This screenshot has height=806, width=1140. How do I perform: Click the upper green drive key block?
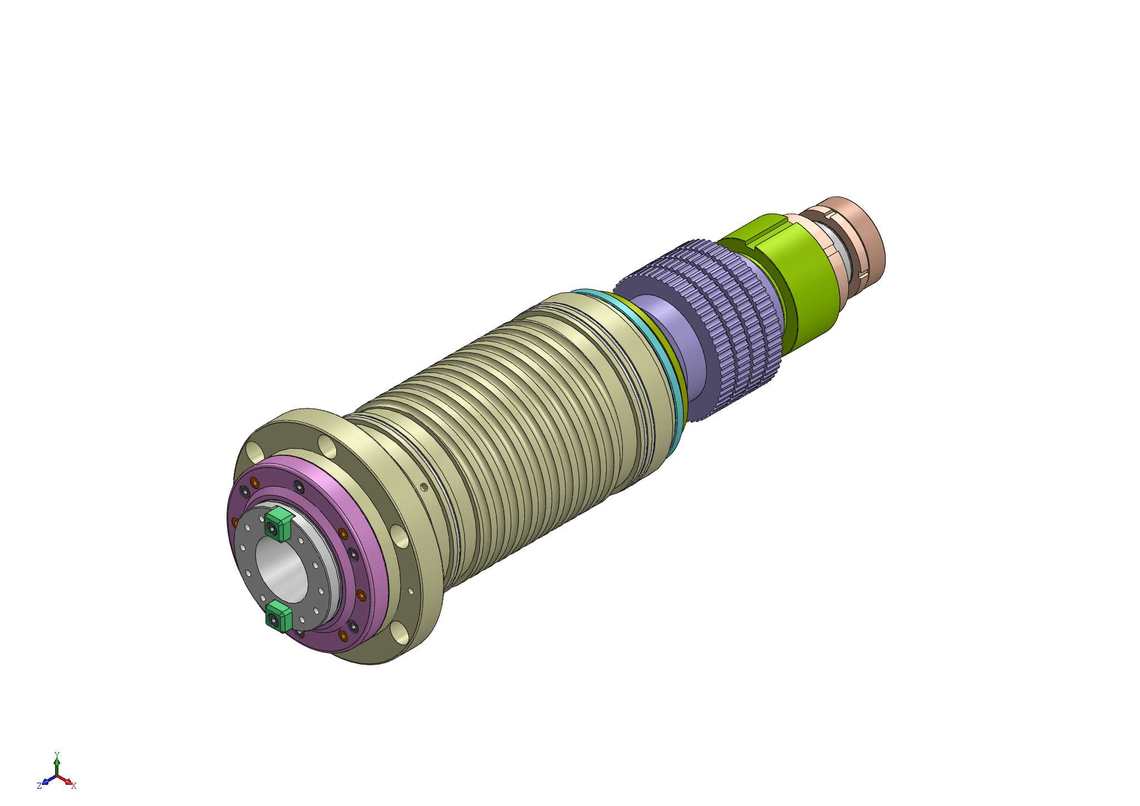tap(278, 524)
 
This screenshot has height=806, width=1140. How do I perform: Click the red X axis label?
tap(73, 786)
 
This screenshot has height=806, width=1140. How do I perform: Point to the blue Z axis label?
tap(39, 786)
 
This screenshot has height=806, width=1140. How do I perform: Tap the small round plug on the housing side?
tap(424, 488)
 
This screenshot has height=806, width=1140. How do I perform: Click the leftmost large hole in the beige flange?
tap(254, 450)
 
